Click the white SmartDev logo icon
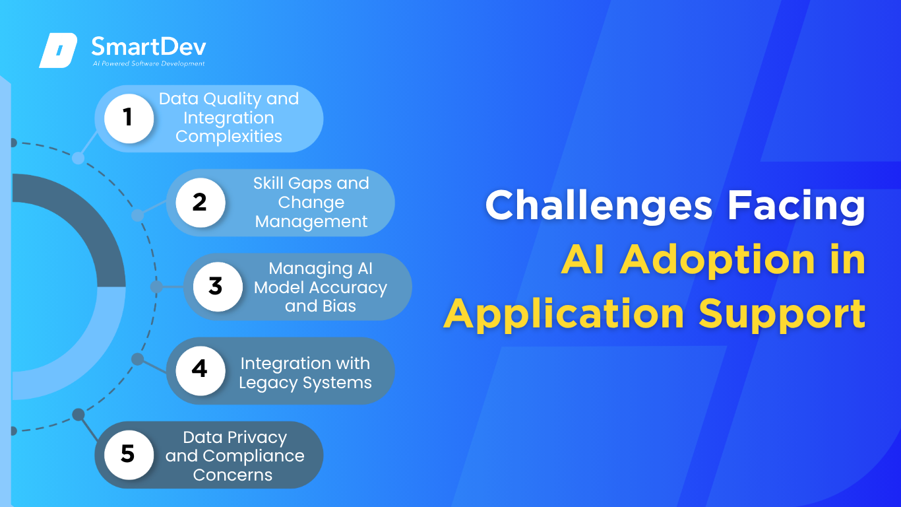[58, 50]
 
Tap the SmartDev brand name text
[149, 46]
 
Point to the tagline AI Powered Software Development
[149, 63]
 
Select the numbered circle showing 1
[129, 118]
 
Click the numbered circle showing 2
[201, 203]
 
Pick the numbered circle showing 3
[218, 287]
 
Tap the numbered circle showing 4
[201, 370]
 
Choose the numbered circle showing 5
[129, 455]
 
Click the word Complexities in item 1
[228, 137]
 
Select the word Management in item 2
[311, 222]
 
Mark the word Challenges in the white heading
[599, 205]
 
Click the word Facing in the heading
[796, 205]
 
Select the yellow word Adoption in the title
[717, 260]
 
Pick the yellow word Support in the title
[782, 315]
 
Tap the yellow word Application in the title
[564, 315]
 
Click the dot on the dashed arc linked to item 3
[156, 287]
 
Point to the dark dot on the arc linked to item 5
[78, 415]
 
